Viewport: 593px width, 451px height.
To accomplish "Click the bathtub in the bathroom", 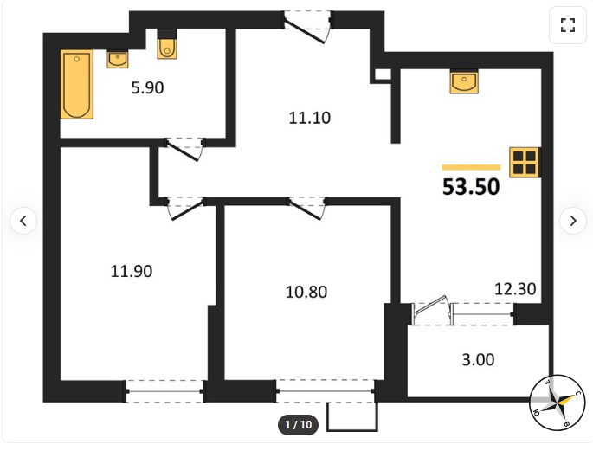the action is (x=77, y=84).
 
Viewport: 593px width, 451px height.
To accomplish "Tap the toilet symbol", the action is (x=167, y=44).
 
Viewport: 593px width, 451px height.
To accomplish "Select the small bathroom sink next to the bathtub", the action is (x=118, y=60).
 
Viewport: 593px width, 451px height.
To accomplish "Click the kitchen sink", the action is (x=464, y=81).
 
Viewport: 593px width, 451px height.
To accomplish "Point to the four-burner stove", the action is (x=525, y=162).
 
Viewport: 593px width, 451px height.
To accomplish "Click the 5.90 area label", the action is (x=147, y=87).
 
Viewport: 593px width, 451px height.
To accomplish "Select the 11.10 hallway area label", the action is (x=310, y=118).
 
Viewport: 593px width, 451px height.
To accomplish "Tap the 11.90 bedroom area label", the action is (x=132, y=272).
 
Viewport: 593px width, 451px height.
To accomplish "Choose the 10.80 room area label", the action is (x=306, y=293).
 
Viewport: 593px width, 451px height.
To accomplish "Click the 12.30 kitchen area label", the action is (x=515, y=289).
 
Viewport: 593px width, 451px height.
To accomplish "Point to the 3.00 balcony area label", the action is (x=478, y=360).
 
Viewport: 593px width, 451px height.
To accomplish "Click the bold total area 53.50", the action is (x=471, y=187).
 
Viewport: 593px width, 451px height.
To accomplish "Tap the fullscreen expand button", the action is (x=568, y=25).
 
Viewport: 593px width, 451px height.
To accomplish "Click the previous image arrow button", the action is (x=23, y=221).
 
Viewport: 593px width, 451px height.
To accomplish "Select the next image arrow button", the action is (x=573, y=221).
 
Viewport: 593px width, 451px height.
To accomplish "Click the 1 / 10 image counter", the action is (x=299, y=424).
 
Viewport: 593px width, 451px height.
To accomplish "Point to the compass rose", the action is (x=557, y=403).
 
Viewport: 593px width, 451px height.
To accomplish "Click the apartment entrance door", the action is (x=307, y=27).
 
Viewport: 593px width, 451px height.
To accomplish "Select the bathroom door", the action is (x=184, y=150).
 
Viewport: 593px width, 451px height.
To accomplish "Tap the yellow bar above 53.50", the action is (x=471, y=167).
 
